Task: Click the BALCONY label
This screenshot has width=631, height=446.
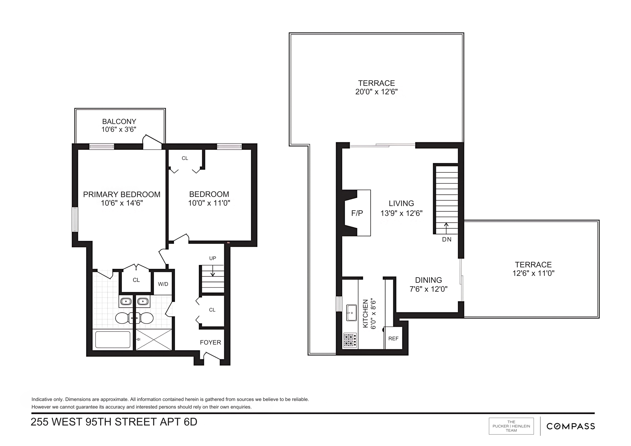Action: tap(119, 122)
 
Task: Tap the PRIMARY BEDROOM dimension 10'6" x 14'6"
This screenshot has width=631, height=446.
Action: tap(122, 203)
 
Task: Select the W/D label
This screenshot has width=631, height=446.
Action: tap(163, 284)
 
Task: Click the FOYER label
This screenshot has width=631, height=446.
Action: tap(210, 342)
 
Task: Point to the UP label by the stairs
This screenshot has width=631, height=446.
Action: tap(212, 258)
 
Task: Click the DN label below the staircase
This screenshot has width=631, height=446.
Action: tap(447, 239)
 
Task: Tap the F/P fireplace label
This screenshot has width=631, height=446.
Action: tap(357, 213)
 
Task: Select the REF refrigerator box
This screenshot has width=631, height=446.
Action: tap(393, 339)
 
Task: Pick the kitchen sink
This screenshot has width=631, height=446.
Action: tap(351, 312)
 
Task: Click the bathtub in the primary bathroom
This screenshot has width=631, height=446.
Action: tap(113, 340)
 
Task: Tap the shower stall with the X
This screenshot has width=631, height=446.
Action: tap(154, 340)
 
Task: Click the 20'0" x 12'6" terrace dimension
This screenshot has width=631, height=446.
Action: tap(376, 92)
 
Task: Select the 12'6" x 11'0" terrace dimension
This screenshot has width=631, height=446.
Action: tap(533, 273)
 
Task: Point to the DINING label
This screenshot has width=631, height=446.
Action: tap(429, 280)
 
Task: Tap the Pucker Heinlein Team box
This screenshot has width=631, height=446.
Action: tap(511, 426)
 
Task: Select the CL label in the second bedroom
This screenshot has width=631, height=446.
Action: tap(185, 158)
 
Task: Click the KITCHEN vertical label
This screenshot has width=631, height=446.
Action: tap(365, 314)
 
